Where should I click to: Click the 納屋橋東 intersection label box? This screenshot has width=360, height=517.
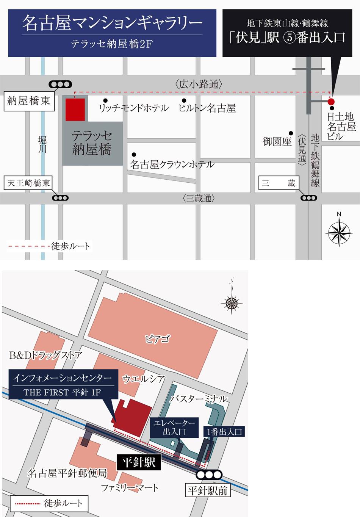29,101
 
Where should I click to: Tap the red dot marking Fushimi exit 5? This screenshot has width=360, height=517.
331,102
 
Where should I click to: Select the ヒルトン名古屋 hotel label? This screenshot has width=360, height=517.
207,108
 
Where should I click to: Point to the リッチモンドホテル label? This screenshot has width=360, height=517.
133,108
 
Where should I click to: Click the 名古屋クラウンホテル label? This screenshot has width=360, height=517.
172,164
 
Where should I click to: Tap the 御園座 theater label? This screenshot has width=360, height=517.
277,141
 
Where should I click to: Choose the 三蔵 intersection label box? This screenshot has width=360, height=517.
279,183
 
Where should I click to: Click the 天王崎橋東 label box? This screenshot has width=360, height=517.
29,183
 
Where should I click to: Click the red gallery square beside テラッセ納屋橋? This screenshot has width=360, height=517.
75,110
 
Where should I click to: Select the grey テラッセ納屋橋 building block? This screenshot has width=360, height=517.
92,144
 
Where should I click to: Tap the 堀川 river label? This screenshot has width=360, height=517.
42,144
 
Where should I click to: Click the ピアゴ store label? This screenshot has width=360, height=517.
157,339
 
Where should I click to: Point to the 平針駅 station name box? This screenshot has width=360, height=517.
139,462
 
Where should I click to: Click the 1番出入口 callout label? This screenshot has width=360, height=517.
224,431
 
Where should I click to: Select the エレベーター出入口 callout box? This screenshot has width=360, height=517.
174,427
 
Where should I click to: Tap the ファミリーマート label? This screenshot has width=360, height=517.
130,488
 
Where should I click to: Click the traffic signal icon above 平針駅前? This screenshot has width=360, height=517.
209,475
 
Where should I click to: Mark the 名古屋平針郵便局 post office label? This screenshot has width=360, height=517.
67,473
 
